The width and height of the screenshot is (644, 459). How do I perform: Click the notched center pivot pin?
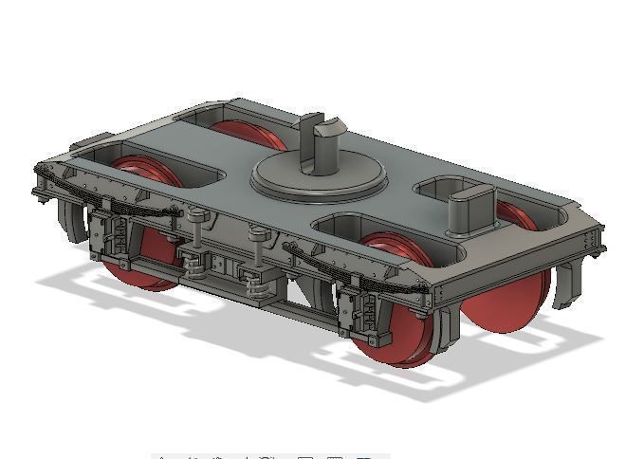pos(322,142)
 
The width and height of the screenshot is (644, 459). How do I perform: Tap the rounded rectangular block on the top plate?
pos(471,211)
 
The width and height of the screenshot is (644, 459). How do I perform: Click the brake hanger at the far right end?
pos(568,284)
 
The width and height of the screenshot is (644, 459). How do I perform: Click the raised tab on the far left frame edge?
pos(91,142)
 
